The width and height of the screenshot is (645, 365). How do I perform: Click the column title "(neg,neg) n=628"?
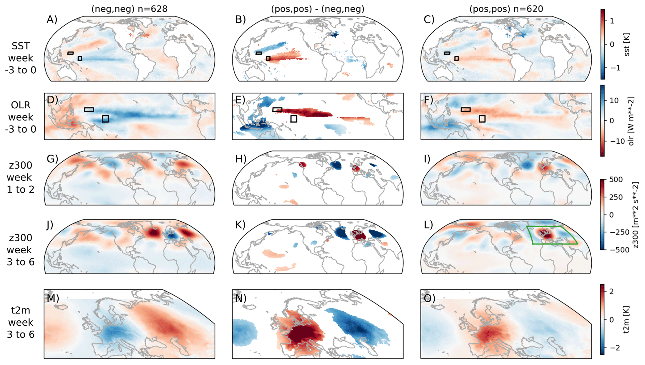click(x=129, y=9)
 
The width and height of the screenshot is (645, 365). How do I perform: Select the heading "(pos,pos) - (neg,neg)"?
click(x=318, y=9)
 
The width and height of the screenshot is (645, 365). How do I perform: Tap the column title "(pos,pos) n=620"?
click(x=506, y=9)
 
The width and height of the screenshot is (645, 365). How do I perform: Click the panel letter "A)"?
click(x=52, y=20)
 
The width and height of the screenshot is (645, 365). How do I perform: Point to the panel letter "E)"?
click(x=241, y=100)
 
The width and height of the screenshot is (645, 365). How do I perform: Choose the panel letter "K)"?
click(x=240, y=225)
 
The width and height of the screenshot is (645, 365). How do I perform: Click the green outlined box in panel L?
click(x=551, y=235)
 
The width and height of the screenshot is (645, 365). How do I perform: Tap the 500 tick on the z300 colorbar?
click(x=616, y=180)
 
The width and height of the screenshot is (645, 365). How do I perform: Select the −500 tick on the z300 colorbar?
click(x=618, y=250)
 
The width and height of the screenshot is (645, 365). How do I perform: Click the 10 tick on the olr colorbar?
click(x=614, y=101)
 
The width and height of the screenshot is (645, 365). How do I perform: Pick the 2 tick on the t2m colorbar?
click(x=611, y=291)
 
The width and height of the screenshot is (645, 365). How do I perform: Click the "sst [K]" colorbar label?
click(x=627, y=45)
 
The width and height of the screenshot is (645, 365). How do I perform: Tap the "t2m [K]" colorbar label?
click(x=627, y=319)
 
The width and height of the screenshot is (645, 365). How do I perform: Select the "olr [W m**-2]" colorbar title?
click(x=631, y=121)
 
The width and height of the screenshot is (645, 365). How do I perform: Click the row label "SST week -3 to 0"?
click(x=21, y=58)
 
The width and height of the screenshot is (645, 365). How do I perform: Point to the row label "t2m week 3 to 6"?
click(x=21, y=322)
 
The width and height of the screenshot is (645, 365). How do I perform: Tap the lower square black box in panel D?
click(x=105, y=119)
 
